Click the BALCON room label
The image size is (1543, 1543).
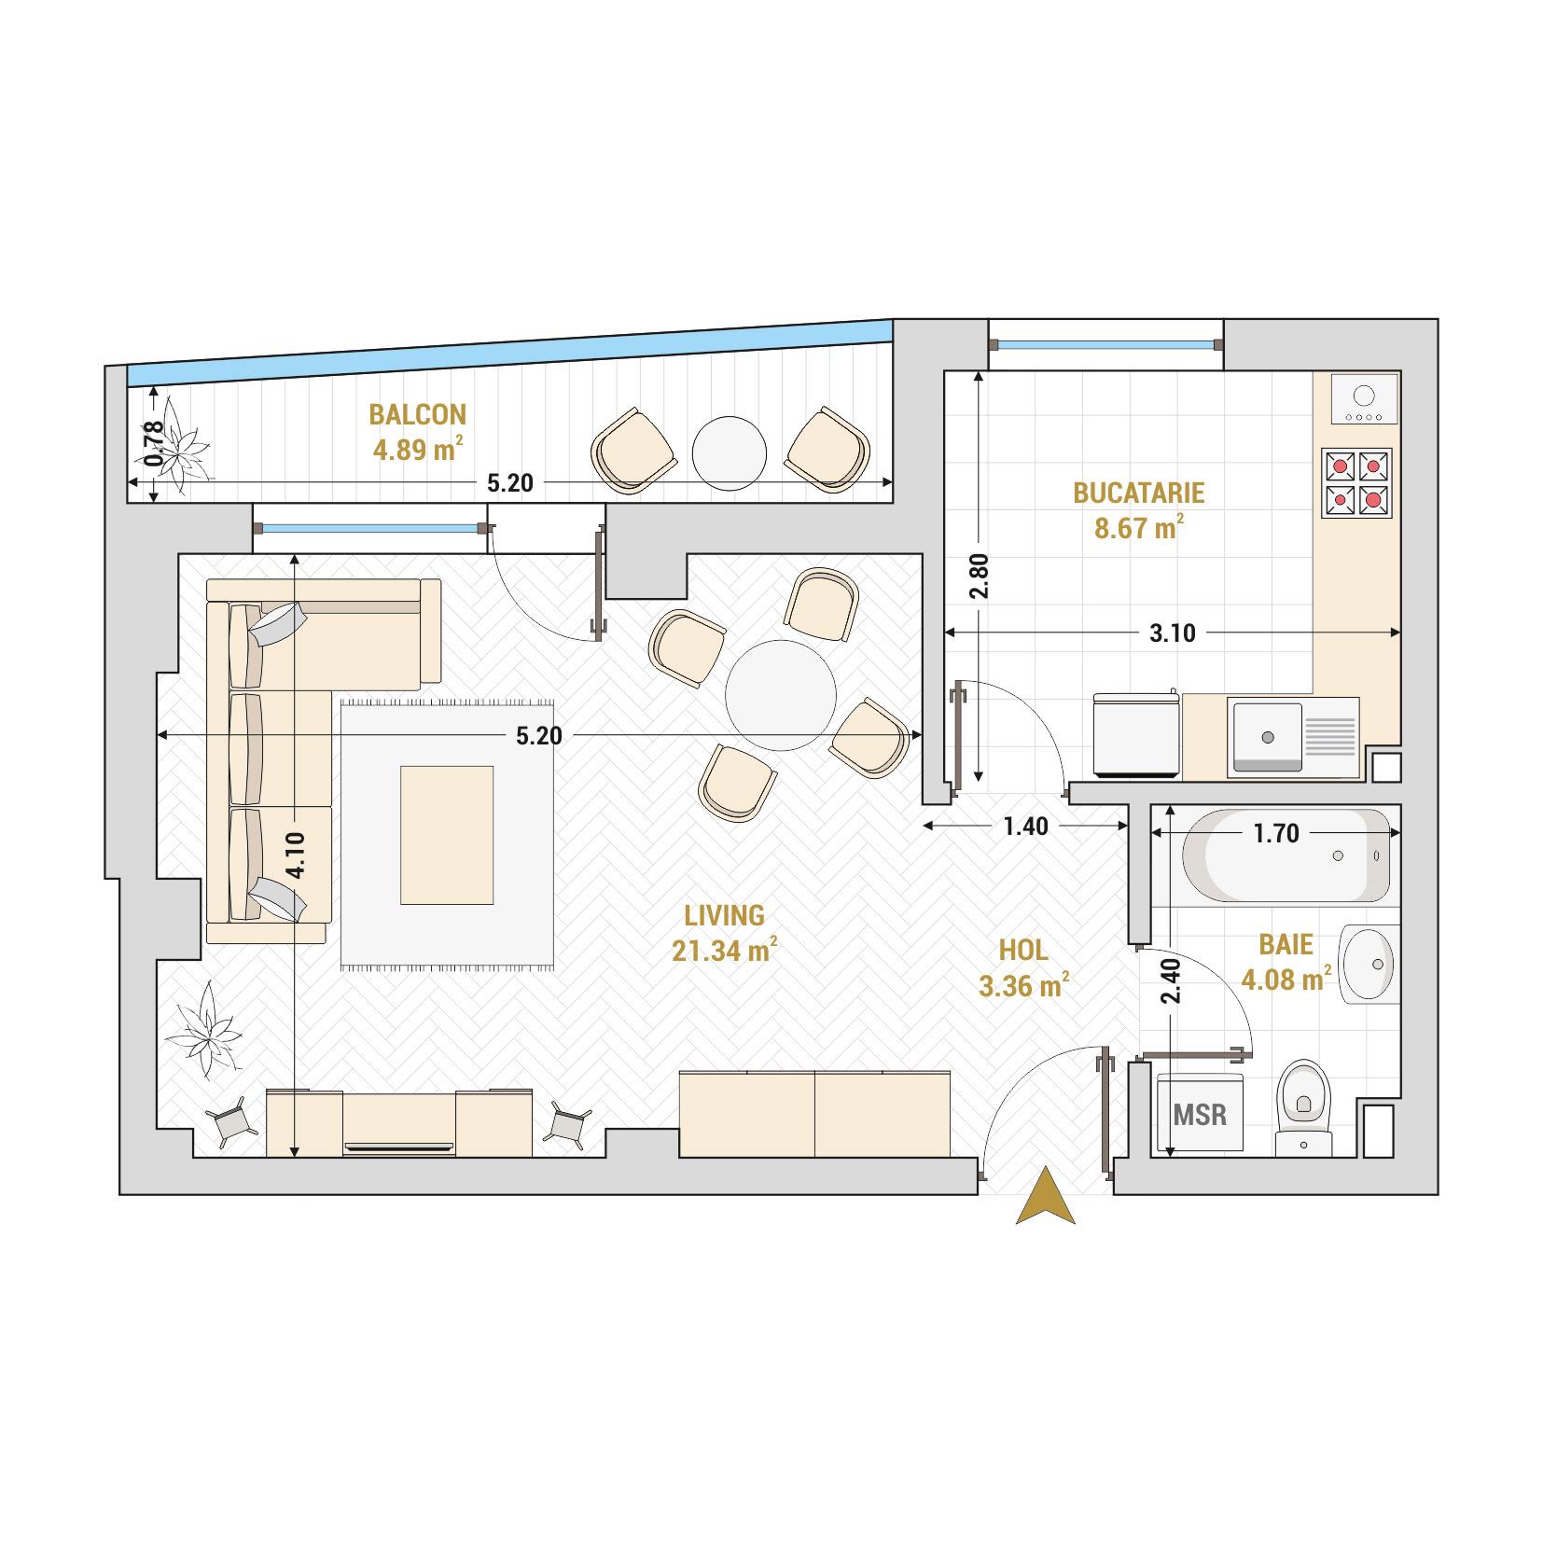click(x=417, y=413)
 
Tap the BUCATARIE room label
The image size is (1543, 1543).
click(x=1138, y=492)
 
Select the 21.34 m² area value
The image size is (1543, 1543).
click(x=724, y=951)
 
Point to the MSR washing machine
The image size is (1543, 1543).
click(x=1200, y=1114)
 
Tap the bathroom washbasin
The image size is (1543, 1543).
click(x=1369, y=965)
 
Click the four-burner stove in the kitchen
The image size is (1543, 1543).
click(x=1356, y=483)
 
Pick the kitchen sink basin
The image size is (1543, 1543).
click(x=1267, y=737)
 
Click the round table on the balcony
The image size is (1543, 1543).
click(x=730, y=453)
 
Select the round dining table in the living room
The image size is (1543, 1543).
click(x=781, y=692)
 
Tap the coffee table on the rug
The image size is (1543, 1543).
click(x=447, y=834)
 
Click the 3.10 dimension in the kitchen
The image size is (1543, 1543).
click(x=1172, y=633)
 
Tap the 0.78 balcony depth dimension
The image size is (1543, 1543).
click(x=155, y=444)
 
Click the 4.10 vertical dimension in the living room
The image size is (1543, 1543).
click(x=295, y=855)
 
